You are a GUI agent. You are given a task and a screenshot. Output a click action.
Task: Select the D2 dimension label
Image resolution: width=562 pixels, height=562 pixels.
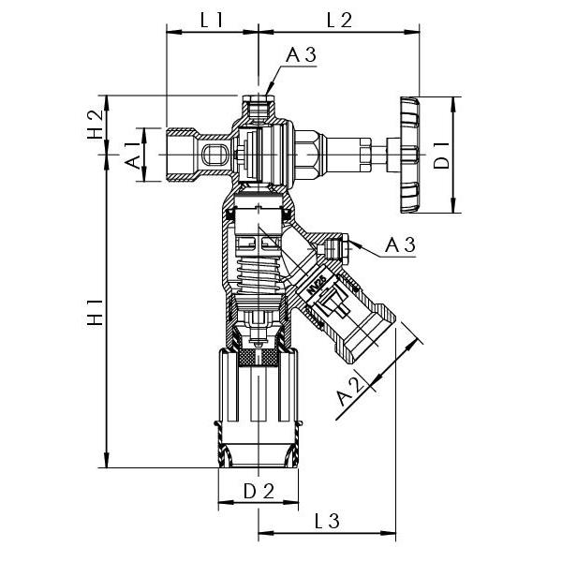259,491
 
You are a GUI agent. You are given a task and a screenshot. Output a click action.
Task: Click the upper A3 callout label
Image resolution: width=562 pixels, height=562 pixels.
301,56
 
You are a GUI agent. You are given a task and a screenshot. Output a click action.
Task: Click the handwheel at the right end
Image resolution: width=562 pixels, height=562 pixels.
409,155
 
